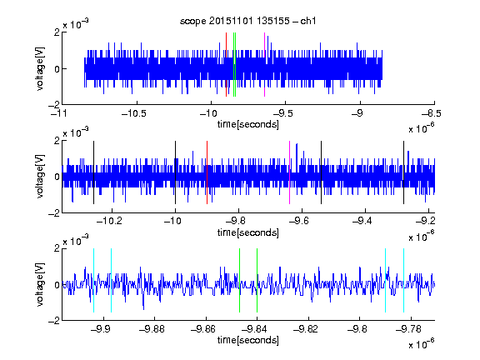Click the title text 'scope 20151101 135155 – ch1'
(247, 21)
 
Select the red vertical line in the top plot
(226, 65)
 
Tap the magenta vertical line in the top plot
(264, 65)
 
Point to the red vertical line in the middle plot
(207, 172)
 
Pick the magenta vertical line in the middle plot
(290, 172)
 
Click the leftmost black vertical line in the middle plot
(93, 172)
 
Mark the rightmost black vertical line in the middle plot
(403, 172)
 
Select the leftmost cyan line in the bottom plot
(93, 280)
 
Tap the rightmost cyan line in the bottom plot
(403, 280)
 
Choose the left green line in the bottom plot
(239, 280)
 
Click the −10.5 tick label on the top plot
(134, 113)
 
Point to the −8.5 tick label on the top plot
(432, 113)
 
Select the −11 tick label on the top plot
(59, 113)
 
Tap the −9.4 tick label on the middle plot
(362, 221)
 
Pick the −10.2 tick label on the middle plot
(109, 221)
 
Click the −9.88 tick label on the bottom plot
(152, 329)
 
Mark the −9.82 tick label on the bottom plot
(306, 329)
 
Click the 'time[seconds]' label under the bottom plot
(248, 340)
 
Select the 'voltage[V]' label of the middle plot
(40, 177)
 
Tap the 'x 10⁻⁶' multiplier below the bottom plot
(422, 344)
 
